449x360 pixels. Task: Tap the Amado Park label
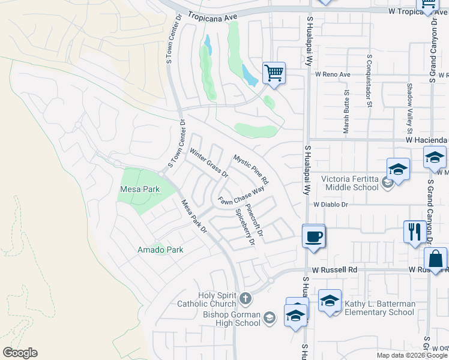[160, 250]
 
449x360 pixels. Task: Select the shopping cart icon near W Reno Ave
[274, 74]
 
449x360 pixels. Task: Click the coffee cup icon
[313, 236]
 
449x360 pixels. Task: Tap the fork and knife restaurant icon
[414, 232]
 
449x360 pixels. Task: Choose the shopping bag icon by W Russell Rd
[435, 259]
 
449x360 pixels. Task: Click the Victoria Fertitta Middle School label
[350, 183]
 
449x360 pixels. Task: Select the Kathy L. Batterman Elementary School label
[379, 308]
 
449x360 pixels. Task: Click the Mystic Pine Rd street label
[251, 170]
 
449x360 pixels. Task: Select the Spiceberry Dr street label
[246, 227]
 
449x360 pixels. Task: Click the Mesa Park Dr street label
[194, 216]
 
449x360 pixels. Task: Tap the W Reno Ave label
[332, 74]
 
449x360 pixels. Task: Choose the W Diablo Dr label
[331, 204]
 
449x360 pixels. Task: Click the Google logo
[20, 353]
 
